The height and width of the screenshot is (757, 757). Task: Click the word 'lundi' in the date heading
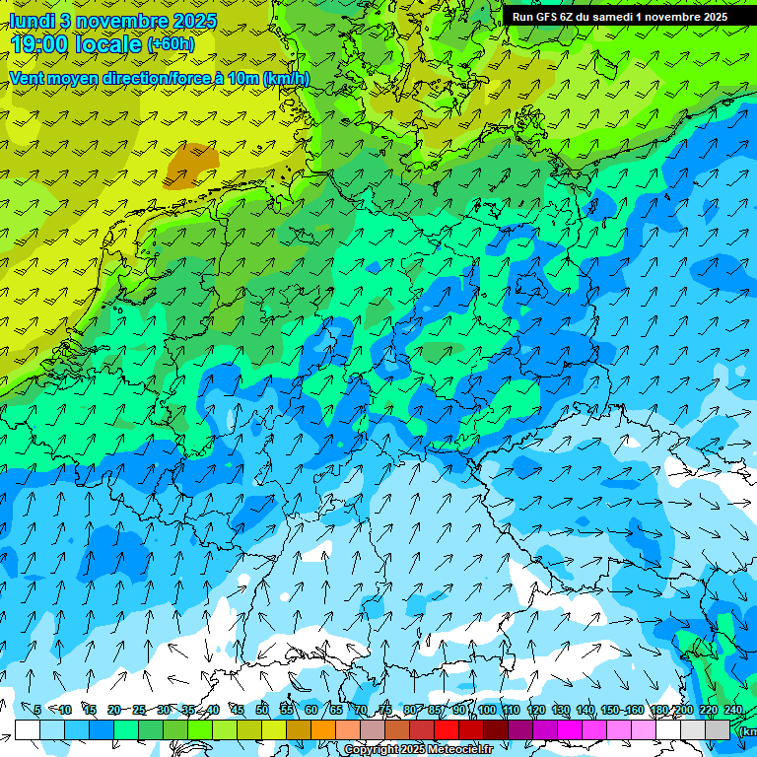point(32,20)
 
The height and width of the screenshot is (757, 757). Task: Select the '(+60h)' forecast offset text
point(171,44)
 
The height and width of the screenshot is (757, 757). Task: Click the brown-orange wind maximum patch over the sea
point(191,164)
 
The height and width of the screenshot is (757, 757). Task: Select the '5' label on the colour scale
point(36,710)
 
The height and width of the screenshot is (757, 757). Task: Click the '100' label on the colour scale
point(487,710)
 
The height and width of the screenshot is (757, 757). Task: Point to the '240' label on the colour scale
point(733,710)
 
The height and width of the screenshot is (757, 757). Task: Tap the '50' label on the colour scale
point(261,710)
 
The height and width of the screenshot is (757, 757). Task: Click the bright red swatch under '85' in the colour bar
point(447,729)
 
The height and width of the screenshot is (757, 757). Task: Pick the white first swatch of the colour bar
point(27,729)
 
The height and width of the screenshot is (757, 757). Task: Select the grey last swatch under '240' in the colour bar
point(719,729)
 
